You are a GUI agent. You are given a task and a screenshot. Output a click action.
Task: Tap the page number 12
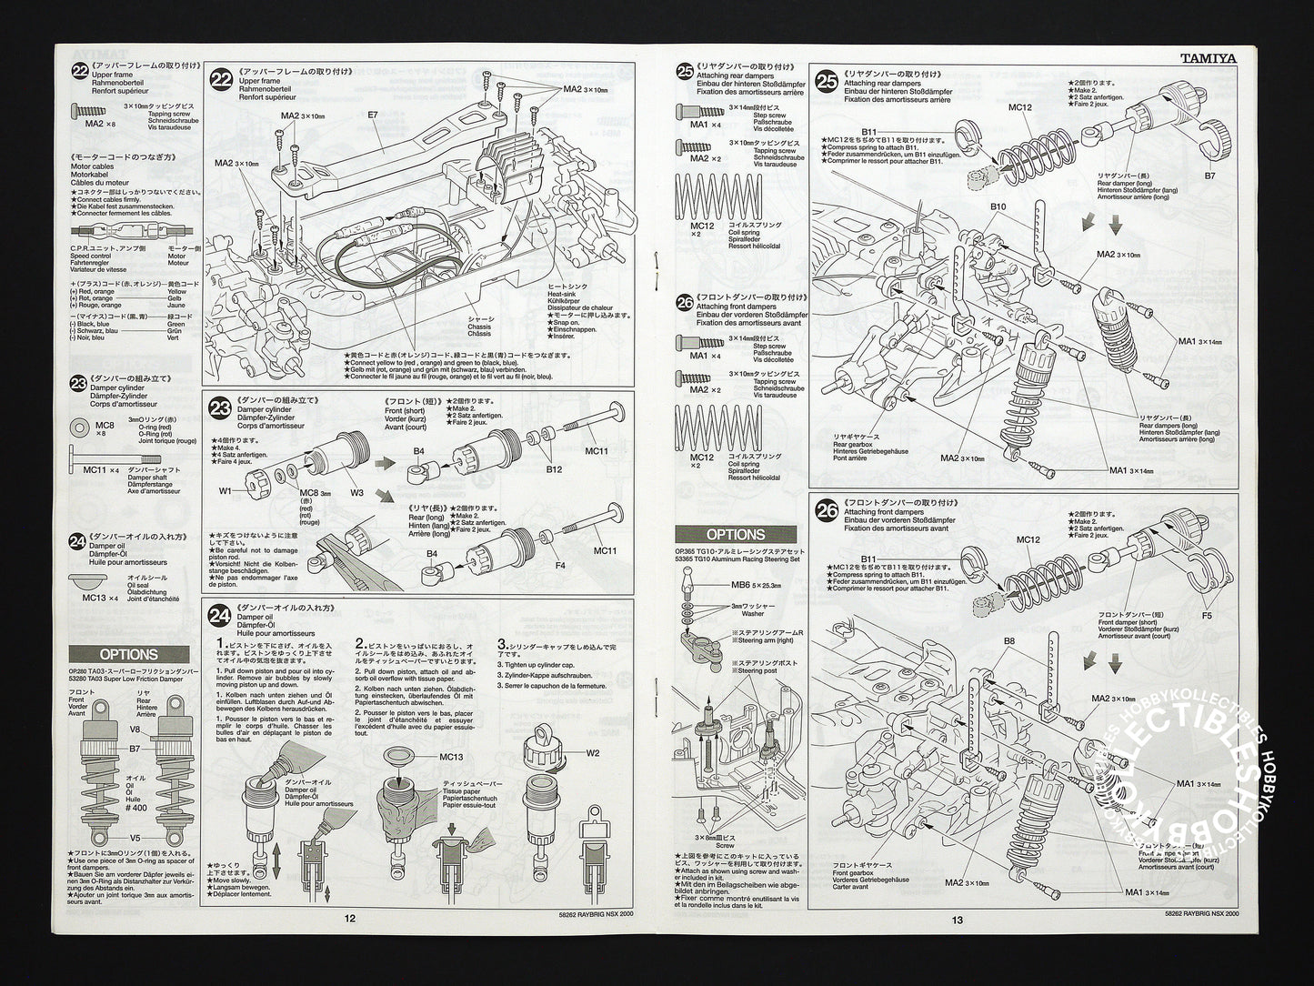pyautogui.click(x=350, y=918)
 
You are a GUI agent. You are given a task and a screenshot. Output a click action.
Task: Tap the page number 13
pyautogui.click(x=958, y=920)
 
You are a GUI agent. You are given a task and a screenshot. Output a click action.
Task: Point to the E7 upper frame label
pyautogui.click(x=373, y=116)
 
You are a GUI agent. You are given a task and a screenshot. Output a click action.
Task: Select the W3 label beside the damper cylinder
pyautogui.click(x=356, y=493)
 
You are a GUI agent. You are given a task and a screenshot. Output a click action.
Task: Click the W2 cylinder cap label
pyautogui.click(x=593, y=752)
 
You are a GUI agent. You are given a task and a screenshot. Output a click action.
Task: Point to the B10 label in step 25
pyautogui.click(x=998, y=207)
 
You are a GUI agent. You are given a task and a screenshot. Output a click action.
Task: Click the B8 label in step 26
pyautogui.click(x=1009, y=641)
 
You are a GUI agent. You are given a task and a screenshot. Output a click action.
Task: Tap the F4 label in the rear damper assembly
pyautogui.click(x=560, y=566)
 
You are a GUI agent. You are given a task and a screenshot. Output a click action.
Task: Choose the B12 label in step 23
pyautogui.click(x=554, y=469)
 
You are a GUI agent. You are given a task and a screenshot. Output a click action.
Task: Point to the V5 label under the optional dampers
pyautogui.click(x=135, y=838)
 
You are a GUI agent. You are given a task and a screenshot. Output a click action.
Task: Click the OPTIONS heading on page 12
pyautogui.click(x=128, y=654)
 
